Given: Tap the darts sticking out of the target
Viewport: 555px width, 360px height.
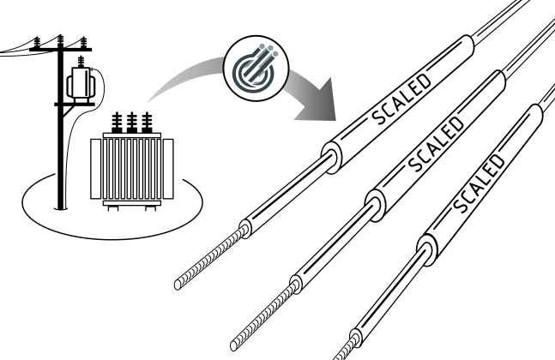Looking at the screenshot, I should (x=267, y=55).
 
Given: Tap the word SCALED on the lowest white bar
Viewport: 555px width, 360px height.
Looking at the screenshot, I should (x=479, y=184).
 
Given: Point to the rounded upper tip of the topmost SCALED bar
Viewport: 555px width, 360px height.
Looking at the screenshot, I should (x=468, y=42).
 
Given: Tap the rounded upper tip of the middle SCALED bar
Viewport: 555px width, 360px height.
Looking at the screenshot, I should (x=499, y=77).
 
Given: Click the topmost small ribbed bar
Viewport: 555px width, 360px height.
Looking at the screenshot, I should (x=214, y=255).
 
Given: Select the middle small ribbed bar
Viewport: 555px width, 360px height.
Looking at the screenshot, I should (x=267, y=313).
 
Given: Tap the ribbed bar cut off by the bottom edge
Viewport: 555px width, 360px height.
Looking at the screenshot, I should (x=347, y=348).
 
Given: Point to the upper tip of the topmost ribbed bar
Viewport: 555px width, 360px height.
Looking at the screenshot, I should (x=245, y=229).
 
